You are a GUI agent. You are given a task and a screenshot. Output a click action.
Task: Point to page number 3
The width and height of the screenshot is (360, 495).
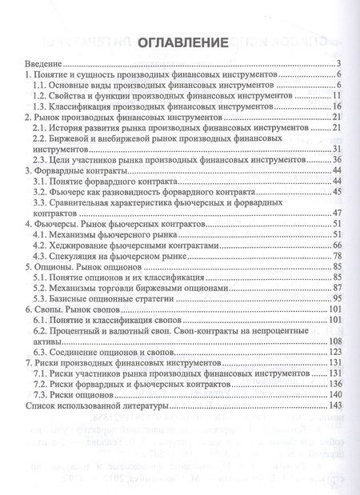[x=339, y=64]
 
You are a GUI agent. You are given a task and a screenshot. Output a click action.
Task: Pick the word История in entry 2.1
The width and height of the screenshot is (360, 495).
[x=72, y=128]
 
